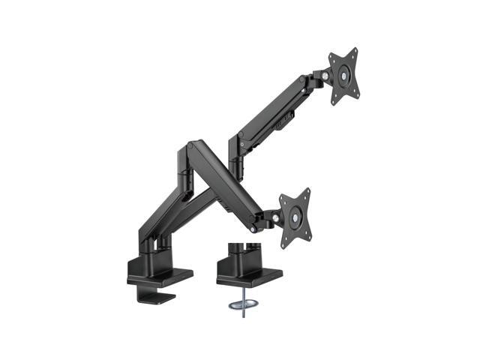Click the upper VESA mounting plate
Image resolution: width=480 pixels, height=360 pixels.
343,76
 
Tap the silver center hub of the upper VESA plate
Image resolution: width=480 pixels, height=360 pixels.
344,76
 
